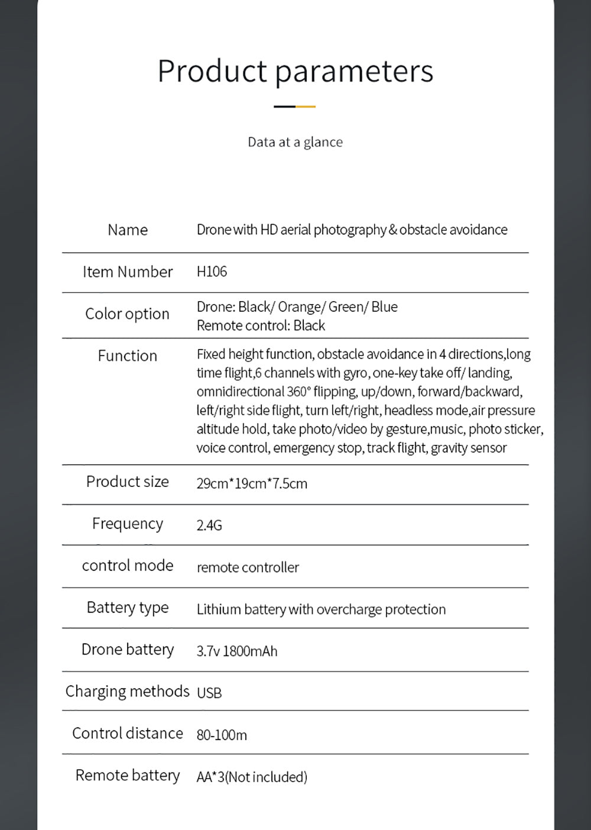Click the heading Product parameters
pyautogui.click(x=295, y=71)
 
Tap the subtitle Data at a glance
pyautogui.click(x=295, y=142)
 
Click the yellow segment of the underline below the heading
pyautogui.click(x=306, y=106)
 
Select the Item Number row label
pyautogui.click(x=128, y=272)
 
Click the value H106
pyautogui.click(x=212, y=272)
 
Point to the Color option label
pyautogui.click(x=127, y=314)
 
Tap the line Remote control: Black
pyautogui.click(x=261, y=325)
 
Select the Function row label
pyautogui.click(x=127, y=356)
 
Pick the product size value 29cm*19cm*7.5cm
pyautogui.click(x=252, y=483)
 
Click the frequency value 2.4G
pyautogui.click(x=209, y=525)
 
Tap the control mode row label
pyautogui.click(x=128, y=566)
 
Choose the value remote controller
pyautogui.click(x=248, y=567)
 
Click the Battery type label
pyautogui.click(x=128, y=608)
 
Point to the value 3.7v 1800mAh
pyautogui.click(x=236, y=651)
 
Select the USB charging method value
pyautogui.click(x=209, y=693)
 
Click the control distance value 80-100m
pyautogui.click(x=222, y=735)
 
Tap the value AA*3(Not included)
pyautogui.click(x=252, y=777)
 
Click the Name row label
pyautogui.click(x=128, y=230)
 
